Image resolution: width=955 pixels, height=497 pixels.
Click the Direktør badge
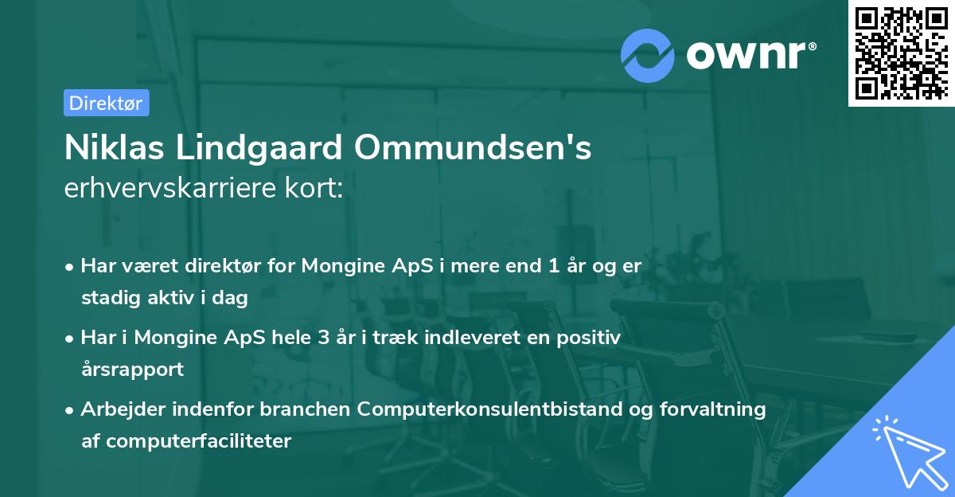(106, 103)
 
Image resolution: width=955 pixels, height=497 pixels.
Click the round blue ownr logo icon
(648, 55)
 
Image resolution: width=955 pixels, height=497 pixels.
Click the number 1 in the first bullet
(553, 266)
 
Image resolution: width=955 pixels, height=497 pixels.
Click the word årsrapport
(132, 369)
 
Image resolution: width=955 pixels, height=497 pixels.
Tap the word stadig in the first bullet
(107, 298)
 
